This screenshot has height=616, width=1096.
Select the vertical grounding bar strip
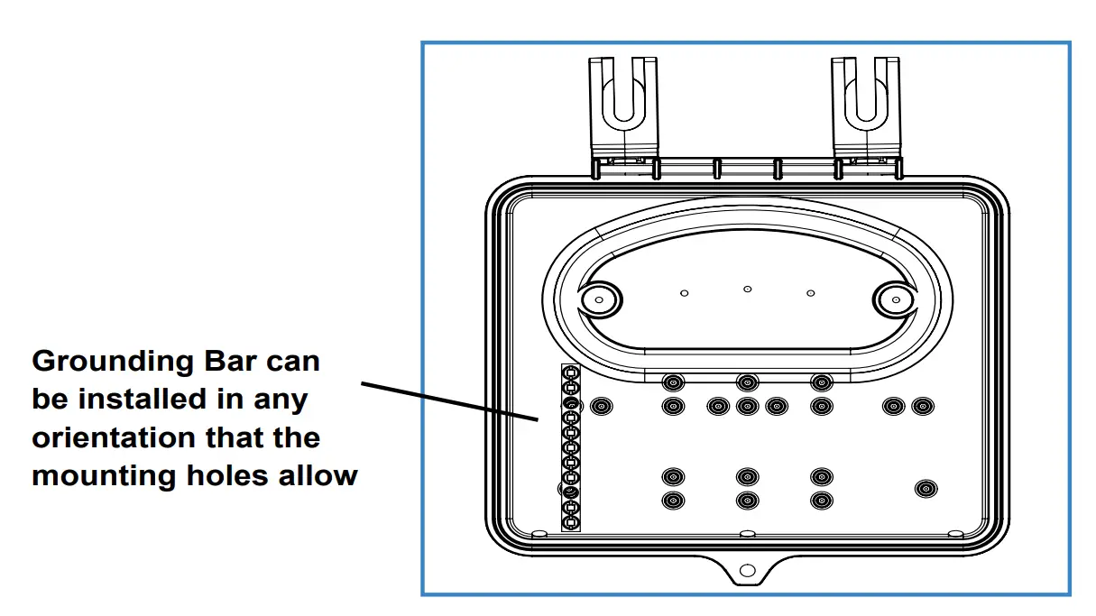[x=570, y=447]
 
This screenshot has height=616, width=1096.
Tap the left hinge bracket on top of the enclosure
[x=623, y=113]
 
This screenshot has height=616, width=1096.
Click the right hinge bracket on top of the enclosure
[x=866, y=113]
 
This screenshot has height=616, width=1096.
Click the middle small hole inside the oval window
[x=747, y=289]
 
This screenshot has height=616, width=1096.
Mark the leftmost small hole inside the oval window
[x=685, y=293]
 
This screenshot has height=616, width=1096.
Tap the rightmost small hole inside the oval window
[x=810, y=293]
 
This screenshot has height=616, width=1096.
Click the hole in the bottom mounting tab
[x=746, y=571]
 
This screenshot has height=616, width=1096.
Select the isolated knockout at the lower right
[x=925, y=489]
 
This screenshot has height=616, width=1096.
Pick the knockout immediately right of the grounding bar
[x=600, y=407]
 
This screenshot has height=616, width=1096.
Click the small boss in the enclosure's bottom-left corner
[x=539, y=534]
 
